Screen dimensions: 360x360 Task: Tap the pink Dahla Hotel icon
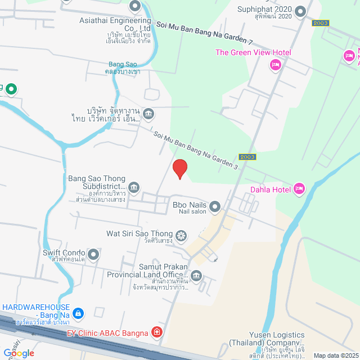coord(299,189)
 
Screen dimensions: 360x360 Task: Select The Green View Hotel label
coord(253,53)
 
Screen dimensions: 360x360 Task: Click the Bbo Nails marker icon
coord(215,208)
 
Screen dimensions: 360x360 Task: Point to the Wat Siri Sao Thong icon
coord(181,236)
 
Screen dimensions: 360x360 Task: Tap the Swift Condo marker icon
coord(93,255)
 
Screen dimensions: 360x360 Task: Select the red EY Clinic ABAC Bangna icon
coord(156,334)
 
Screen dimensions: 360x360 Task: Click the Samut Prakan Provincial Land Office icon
coord(196,276)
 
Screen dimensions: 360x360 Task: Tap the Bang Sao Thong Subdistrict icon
coord(134,187)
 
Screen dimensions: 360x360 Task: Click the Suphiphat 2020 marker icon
coord(300,10)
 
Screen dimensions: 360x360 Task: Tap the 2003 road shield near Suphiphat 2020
coord(319,22)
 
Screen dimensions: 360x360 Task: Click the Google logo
coord(19,353)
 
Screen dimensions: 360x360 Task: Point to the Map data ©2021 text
coord(336,355)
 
